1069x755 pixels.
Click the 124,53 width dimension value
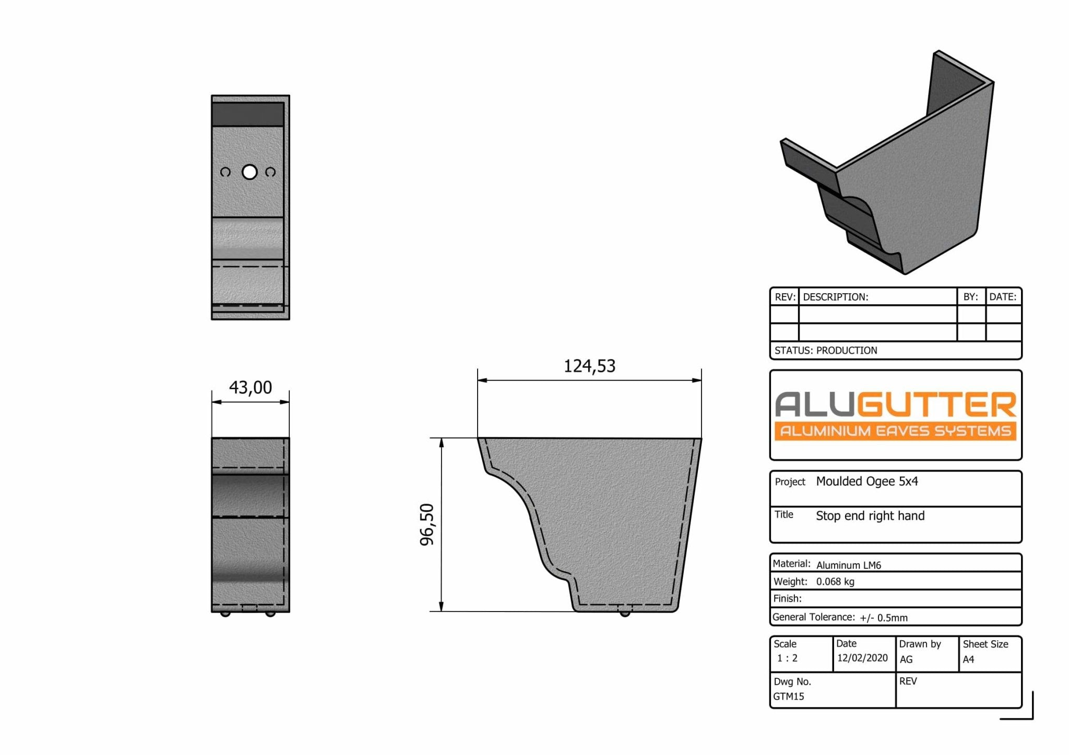589,366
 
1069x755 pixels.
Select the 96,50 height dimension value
427,524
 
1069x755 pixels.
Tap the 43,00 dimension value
251,388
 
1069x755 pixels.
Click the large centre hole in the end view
250,172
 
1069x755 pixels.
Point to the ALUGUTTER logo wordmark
895,404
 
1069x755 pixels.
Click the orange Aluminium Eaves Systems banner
895,431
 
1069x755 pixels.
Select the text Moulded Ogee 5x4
866,482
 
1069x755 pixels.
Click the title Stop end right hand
870,516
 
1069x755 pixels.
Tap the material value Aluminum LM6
848,565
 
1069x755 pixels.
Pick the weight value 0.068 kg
835,582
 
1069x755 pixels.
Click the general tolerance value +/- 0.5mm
884,618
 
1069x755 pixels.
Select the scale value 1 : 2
787,658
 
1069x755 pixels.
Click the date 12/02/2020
862,658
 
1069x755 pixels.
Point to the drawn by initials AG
906,660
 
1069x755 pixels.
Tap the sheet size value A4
968,660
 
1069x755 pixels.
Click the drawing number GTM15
789,697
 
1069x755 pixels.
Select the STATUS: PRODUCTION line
826,351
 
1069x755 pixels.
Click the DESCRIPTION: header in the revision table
835,297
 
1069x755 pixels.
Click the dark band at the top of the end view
248,114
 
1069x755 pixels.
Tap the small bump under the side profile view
624,614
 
